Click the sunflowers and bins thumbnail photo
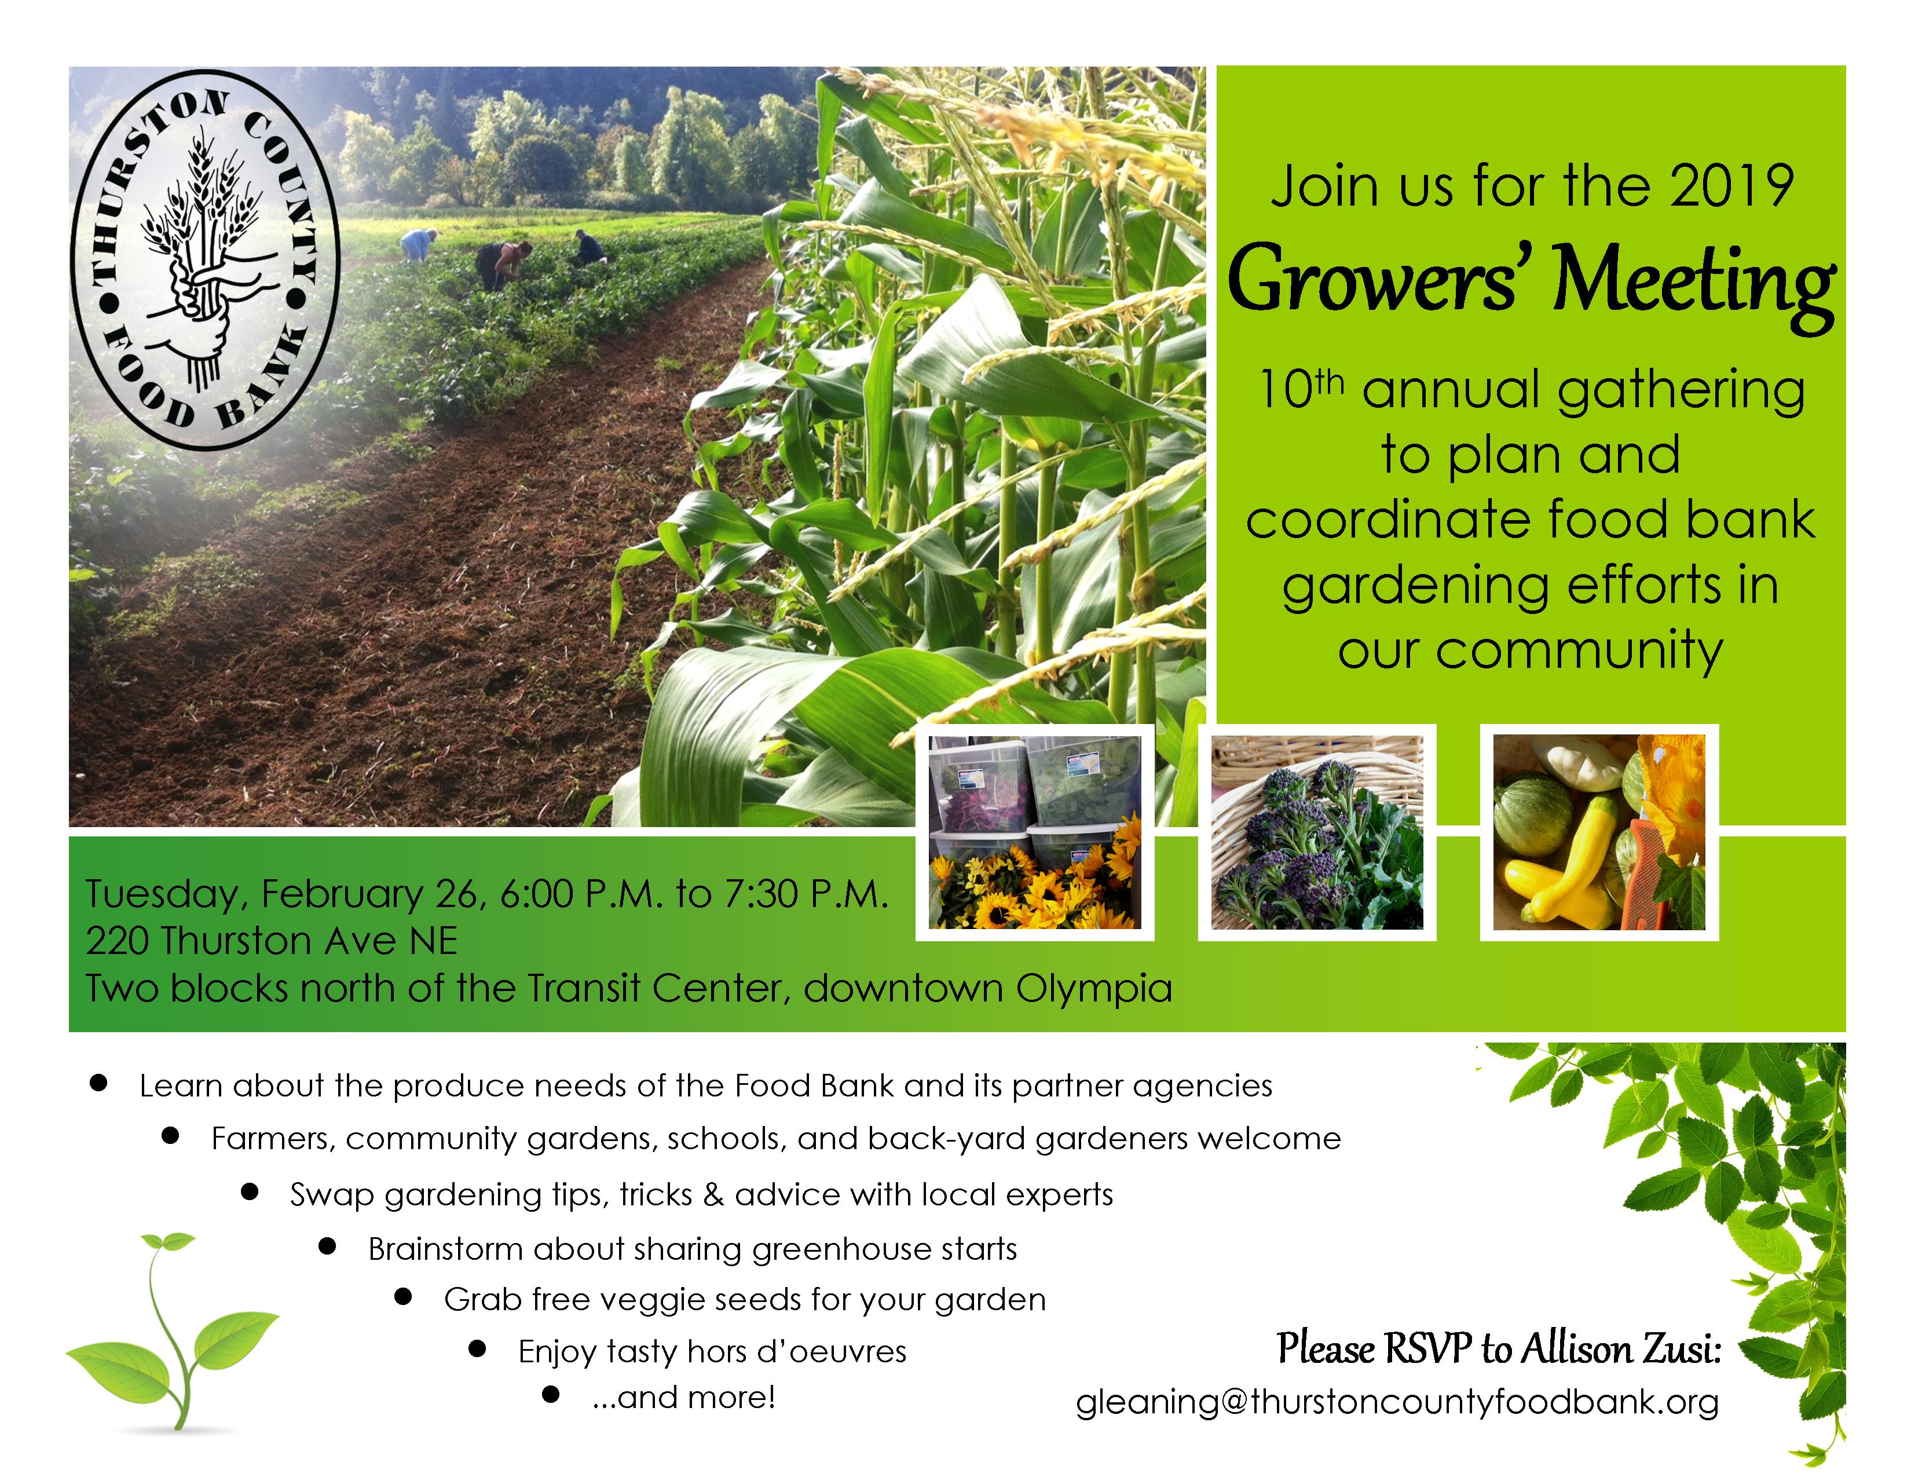pyautogui.click(x=1035, y=832)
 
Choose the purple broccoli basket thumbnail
pyautogui.click(x=1317, y=832)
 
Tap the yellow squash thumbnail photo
pyautogui.click(x=1599, y=832)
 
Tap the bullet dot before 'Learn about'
pyautogui.click(x=99, y=1083)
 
